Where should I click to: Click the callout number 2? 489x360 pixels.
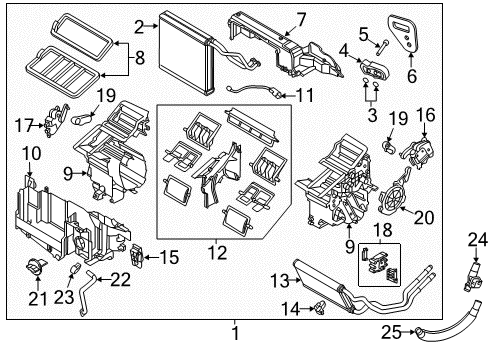coord(139,27)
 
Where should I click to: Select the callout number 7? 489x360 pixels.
coord(301,20)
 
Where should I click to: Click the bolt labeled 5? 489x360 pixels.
coord(382,47)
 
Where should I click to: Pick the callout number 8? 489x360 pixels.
coord(140,57)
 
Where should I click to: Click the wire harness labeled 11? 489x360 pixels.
coord(253,91)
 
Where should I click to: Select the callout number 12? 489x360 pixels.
coord(218,253)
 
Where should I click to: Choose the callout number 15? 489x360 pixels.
coord(169,257)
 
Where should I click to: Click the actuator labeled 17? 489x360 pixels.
coord(56,120)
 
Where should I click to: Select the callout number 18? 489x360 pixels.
coord(383,230)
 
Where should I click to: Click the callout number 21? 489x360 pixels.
coord(38,298)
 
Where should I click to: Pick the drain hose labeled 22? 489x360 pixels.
coord(86,293)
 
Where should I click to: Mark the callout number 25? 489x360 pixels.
coord(391,332)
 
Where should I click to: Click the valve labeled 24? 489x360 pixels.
coord(473,277)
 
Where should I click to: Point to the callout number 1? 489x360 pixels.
coord(235,332)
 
